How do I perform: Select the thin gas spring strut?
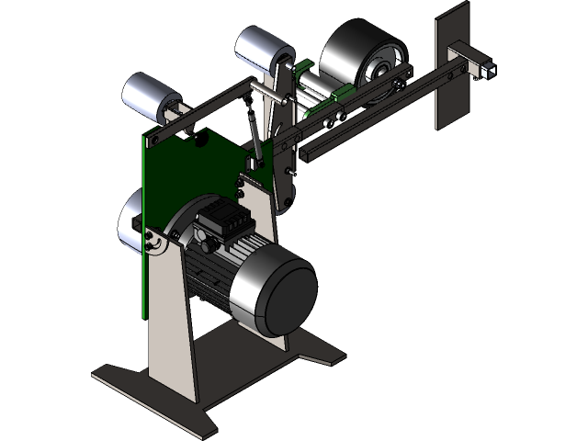(253, 129)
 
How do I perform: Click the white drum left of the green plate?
(129, 225)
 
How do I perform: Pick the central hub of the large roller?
(378, 68)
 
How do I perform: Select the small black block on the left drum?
(137, 223)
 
